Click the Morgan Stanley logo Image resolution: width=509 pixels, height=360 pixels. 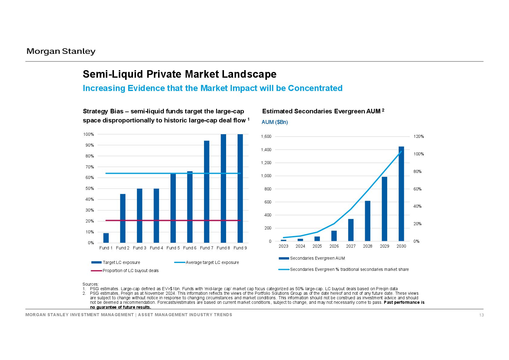tap(61, 51)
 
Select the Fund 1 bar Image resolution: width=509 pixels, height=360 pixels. tap(106, 238)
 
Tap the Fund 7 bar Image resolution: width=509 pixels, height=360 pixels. tap(206, 192)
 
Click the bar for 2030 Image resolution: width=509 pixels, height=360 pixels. tap(401, 194)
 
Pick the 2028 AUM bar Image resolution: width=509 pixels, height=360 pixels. tap(368, 221)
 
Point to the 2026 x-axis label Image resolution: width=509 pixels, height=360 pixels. tap(334, 246)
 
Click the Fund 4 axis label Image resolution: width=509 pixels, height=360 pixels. tap(156, 248)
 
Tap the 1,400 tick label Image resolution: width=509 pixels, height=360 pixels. tap(266, 150)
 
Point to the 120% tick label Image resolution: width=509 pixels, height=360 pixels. tap(419, 137)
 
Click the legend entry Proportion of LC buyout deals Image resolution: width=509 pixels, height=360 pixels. tap(125, 271)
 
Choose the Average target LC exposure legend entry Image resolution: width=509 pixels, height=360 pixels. tap(206, 262)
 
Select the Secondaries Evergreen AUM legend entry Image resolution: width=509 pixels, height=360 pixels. tap(312, 258)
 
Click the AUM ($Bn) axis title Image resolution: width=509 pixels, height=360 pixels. tap(275, 122)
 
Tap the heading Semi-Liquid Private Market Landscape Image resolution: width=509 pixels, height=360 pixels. tap(180, 74)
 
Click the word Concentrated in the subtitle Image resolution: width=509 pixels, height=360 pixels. tap(315, 88)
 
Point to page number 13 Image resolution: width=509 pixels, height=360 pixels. tap(481, 315)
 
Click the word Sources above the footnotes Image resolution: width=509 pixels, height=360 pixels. tap(90, 284)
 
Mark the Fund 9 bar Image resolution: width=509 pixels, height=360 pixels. tap(240, 188)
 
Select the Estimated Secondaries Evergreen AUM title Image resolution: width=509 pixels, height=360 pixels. tap(323, 111)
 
